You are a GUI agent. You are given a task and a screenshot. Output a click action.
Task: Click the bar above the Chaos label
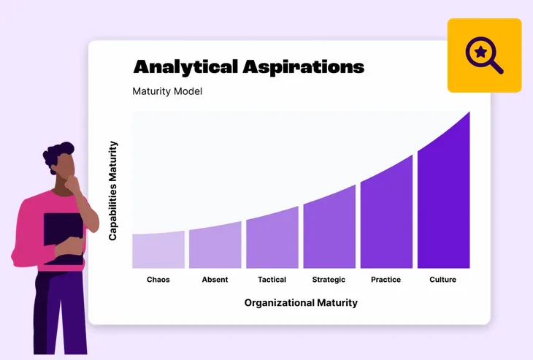pos(158,250)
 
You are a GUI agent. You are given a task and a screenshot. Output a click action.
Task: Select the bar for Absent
pos(215,245)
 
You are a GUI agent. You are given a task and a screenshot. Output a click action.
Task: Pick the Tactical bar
pos(272,238)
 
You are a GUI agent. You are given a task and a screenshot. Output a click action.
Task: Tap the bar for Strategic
pos(329,228)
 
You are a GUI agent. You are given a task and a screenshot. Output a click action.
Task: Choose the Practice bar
pos(386,212)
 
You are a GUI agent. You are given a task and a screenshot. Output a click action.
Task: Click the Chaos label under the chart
pos(158,280)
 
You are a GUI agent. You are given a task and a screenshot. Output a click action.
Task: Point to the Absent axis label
pos(215,280)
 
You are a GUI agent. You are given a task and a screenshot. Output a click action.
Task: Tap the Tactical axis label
pos(272,280)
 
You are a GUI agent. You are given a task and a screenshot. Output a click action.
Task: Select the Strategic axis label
pos(329,280)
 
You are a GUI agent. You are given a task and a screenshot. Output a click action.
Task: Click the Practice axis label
pos(386,280)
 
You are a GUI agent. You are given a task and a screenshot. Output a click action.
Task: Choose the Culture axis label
pos(442,280)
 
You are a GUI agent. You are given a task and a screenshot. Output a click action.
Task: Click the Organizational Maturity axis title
pos(301,303)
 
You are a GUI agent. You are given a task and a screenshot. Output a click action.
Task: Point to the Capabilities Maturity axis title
pos(113,191)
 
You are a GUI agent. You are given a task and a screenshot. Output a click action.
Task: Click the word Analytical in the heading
pos(185,66)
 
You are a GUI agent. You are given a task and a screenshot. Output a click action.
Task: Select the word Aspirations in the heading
pos(304,66)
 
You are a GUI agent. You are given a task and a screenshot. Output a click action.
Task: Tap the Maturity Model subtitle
pos(167,91)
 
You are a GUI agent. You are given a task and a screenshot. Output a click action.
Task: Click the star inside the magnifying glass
pos(480,52)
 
